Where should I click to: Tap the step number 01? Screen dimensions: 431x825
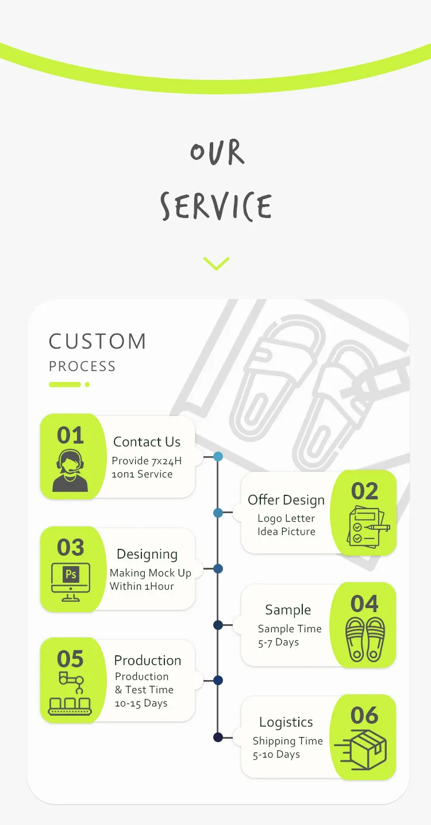click(x=70, y=435)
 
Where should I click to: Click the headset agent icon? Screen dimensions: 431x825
click(x=70, y=471)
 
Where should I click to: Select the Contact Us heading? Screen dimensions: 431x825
click(x=147, y=442)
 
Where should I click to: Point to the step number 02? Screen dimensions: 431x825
click(x=364, y=491)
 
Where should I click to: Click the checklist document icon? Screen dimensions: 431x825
click(x=368, y=526)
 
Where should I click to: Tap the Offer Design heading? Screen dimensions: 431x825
click(x=286, y=500)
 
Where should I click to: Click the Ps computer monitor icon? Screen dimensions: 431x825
click(x=71, y=582)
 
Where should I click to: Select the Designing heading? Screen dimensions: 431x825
click(x=147, y=554)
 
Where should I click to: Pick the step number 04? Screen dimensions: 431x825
click(x=364, y=604)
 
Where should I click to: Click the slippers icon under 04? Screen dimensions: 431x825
click(x=365, y=639)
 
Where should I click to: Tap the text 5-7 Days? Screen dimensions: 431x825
click(x=278, y=642)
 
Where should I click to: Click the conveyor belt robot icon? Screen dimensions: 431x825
click(x=70, y=693)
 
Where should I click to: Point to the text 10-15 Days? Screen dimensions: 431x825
click(x=141, y=703)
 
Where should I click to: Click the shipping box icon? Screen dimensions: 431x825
click(x=360, y=750)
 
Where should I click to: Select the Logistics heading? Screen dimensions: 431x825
click(x=286, y=722)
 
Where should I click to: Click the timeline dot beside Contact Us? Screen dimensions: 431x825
click(x=218, y=457)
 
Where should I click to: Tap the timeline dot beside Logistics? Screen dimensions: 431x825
click(x=218, y=738)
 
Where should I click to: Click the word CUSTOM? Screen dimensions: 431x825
click(x=98, y=341)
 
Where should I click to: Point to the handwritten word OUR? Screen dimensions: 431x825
click(x=217, y=151)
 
